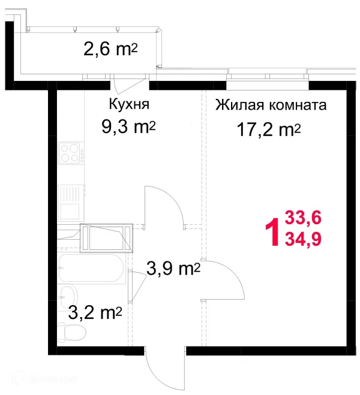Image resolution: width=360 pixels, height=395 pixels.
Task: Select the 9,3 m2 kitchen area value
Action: tap(128, 126)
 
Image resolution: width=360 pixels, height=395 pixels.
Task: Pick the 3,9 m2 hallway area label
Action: tap(173, 270)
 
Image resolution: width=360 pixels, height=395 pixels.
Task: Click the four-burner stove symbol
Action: tap(71, 152)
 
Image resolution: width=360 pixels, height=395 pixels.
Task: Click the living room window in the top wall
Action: tap(268, 76)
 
